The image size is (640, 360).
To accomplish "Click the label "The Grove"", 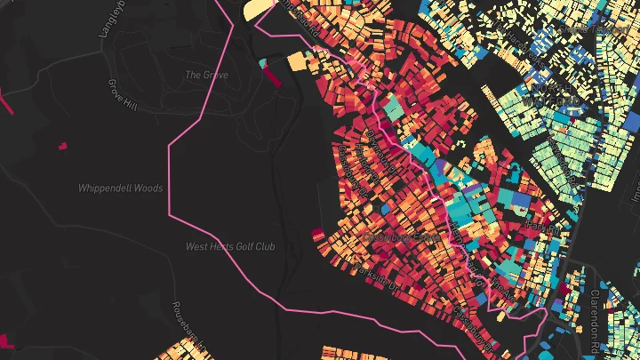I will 206,76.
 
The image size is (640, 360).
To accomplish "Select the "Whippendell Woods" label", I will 120,188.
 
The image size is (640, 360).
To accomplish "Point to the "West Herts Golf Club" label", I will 229,246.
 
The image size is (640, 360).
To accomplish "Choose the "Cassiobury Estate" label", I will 399,238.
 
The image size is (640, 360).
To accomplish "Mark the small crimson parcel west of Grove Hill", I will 62,145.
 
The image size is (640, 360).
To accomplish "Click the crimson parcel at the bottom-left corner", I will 6,340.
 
